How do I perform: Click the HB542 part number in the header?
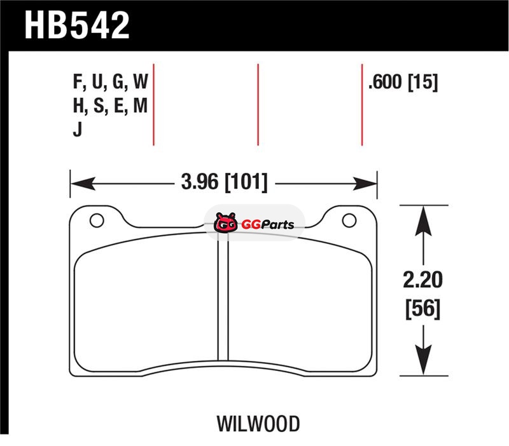pyautogui.click(x=77, y=25)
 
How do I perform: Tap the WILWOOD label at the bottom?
pyautogui.click(x=258, y=424)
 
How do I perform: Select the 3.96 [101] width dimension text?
pyautogui.click(x=225, y=182)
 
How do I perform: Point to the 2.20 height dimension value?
pyautogui.click(x=422, y=280)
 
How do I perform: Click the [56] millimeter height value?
pyautogui.click(x=423, y=309)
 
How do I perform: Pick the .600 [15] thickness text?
pyautogui.click(x=403, y=82)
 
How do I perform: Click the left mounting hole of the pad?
pyautogui.click(x=97, y=220)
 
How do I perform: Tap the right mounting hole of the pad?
pyautogui.click(x=349, y=220)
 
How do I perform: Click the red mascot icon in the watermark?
pyautogui.click(x=225, y=222)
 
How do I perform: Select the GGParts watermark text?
pyautogui.click(x=268, y=224)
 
